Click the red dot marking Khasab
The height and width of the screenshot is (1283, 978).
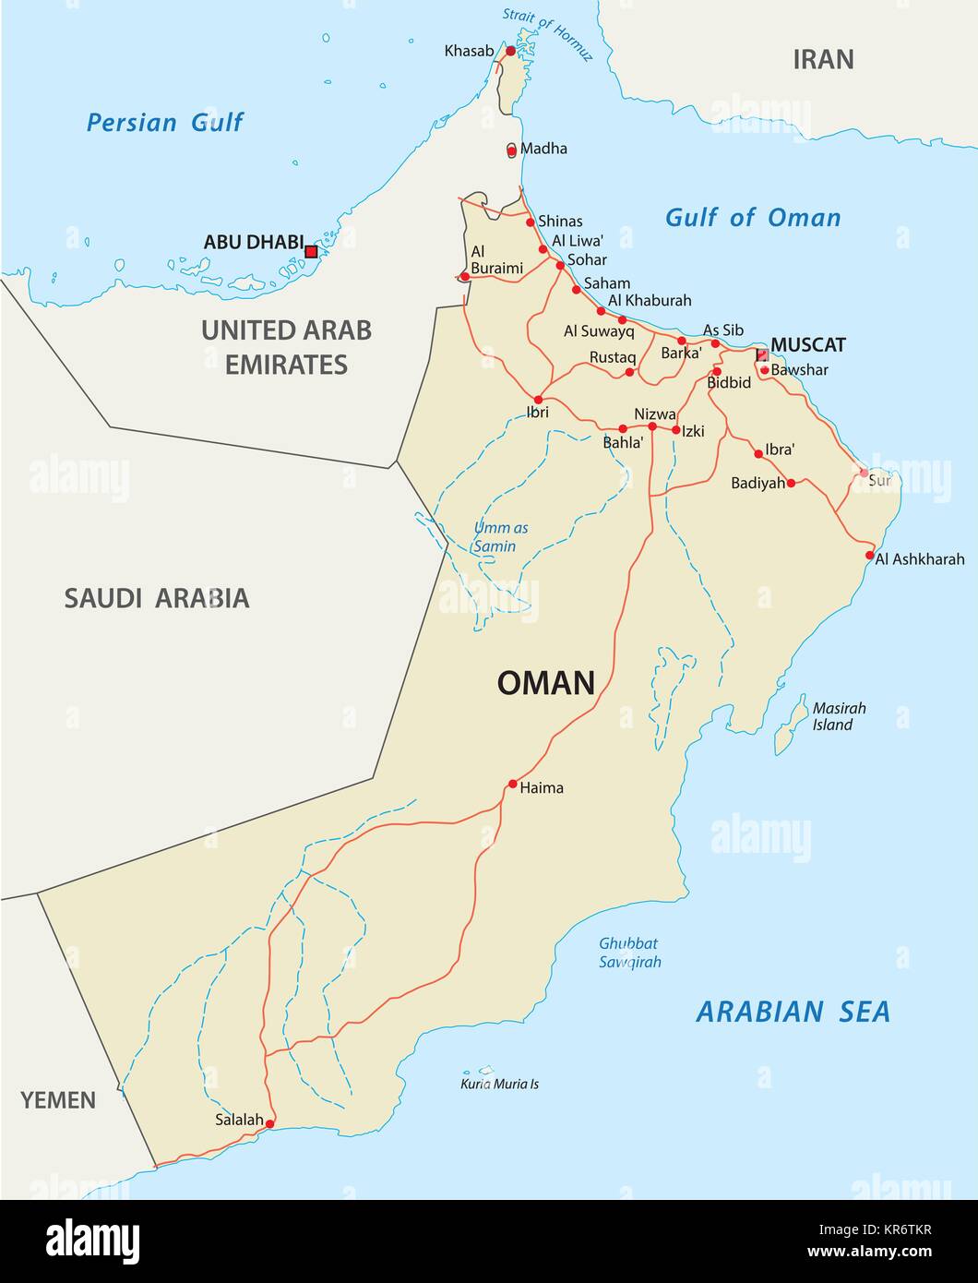pyautogui.click(x=510, y=51)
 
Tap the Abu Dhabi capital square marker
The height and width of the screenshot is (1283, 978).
pyautogui.click(x=311, y=251)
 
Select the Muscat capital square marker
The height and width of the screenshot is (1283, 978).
pyautogui.click(x=761, y=355)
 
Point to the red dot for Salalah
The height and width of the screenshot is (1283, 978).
pyautogui.click(x=269, y=1124)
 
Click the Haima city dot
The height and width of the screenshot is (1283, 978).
pyautogui.click(x=512, y=785)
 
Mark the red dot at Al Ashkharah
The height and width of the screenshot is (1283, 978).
pyautogui.click(x=869, y=555)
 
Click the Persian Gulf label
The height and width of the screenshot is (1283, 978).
pyautogui.click(x=164, y=122)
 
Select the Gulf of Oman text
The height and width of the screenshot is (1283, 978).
pyautogui.click(x=753, y=218)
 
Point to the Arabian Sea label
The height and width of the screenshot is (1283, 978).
pyautogui.click(x=793, y=1012)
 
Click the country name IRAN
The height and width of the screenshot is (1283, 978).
pyautogui.click(x=823, y=60)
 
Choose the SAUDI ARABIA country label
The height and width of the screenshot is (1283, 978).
pyautogui.click(x=156, y=598)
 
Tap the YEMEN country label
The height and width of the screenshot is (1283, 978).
pyautogui.click(x=58, y=1100)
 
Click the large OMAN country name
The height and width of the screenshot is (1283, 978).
pyautogui.click(x=545, y=683)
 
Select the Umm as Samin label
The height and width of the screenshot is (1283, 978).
pyautogui.click(x=500, y=536)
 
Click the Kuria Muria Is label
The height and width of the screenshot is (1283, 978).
pyautogui.click(x=499, y=1084)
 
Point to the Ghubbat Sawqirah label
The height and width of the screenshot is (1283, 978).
pyautogui.click(x=629, y=953)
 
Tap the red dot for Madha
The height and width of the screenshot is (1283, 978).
pyautogui.click(x=512, y=150)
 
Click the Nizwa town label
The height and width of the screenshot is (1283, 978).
pyautogui.click(x=655, y=414)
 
